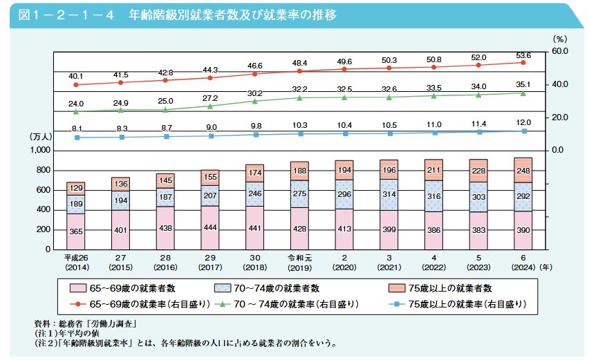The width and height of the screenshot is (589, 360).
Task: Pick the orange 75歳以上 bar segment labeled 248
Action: point(523,169)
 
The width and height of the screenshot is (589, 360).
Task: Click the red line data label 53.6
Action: point(523,55)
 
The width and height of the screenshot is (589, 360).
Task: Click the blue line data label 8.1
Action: point(77,129)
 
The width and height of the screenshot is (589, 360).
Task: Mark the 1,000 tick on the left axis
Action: point(43,151)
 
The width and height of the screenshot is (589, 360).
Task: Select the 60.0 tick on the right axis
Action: point(559,51)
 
